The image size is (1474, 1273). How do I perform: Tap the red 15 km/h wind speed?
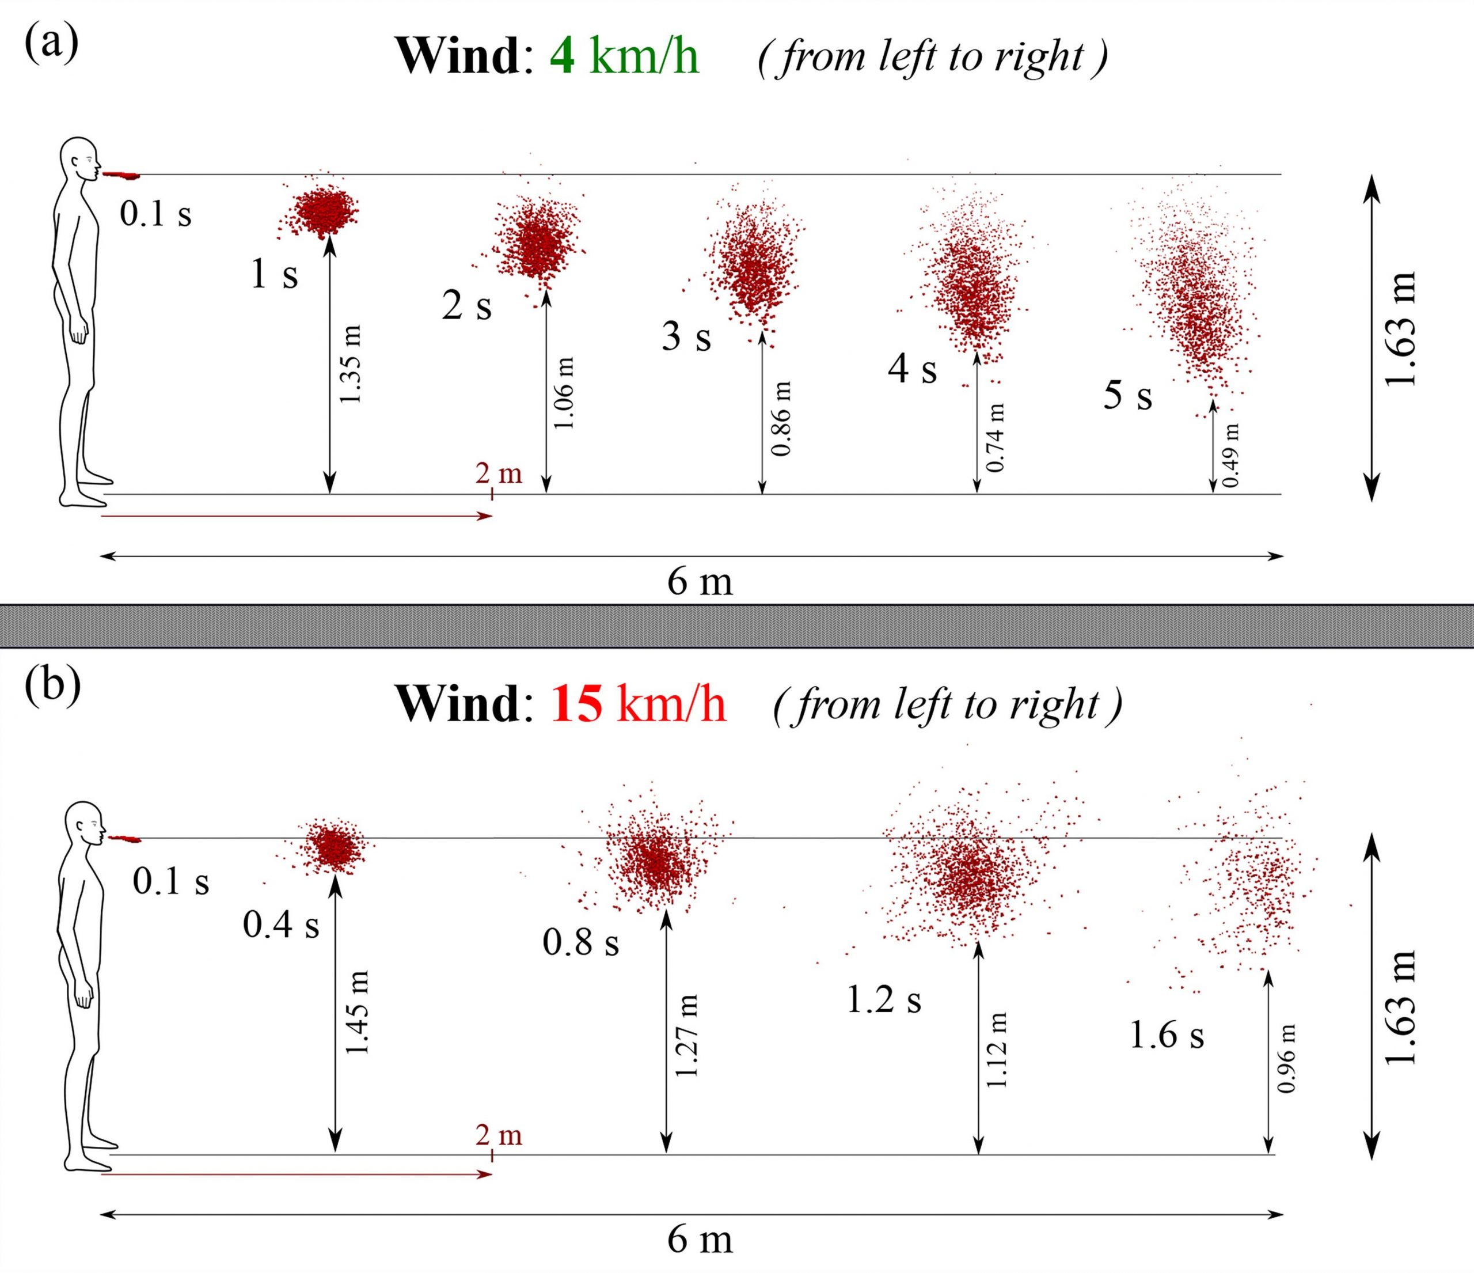(x=638, y=704)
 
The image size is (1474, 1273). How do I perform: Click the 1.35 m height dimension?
(x=350, y=364)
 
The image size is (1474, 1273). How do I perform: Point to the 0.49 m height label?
(x=1230, y=456)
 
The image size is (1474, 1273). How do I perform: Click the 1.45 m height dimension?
(x=358, y=1013)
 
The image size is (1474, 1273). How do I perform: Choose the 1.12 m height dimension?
(x=997, y=1050)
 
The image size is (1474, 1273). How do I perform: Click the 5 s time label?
(x=1127, y=396)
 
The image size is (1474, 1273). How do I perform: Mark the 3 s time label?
(x=686, y=336)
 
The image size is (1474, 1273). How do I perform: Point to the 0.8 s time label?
(x=580, y=943)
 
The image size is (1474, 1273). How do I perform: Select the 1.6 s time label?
(x=1167, y=1035)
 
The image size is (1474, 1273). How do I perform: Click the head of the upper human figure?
(x=79, y=158)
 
